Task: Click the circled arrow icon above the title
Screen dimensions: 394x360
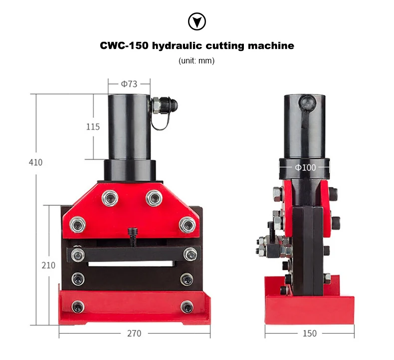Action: tap(197, 21)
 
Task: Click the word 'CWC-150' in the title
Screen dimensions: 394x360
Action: tap(124, 46)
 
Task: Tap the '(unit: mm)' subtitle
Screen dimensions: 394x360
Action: tap(197, 61)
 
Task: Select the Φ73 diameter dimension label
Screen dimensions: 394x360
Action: tap(129, 84)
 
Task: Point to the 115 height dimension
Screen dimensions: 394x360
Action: tap(93, 127)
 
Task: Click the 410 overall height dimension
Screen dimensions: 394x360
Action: tap(36, 162)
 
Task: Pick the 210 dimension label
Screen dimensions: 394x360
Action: tap(48, 265)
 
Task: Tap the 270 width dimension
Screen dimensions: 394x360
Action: tap(134, 334)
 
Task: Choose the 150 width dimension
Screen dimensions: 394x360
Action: tap(310, 334)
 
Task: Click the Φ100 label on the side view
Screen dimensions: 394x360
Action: tap(305, 168)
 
